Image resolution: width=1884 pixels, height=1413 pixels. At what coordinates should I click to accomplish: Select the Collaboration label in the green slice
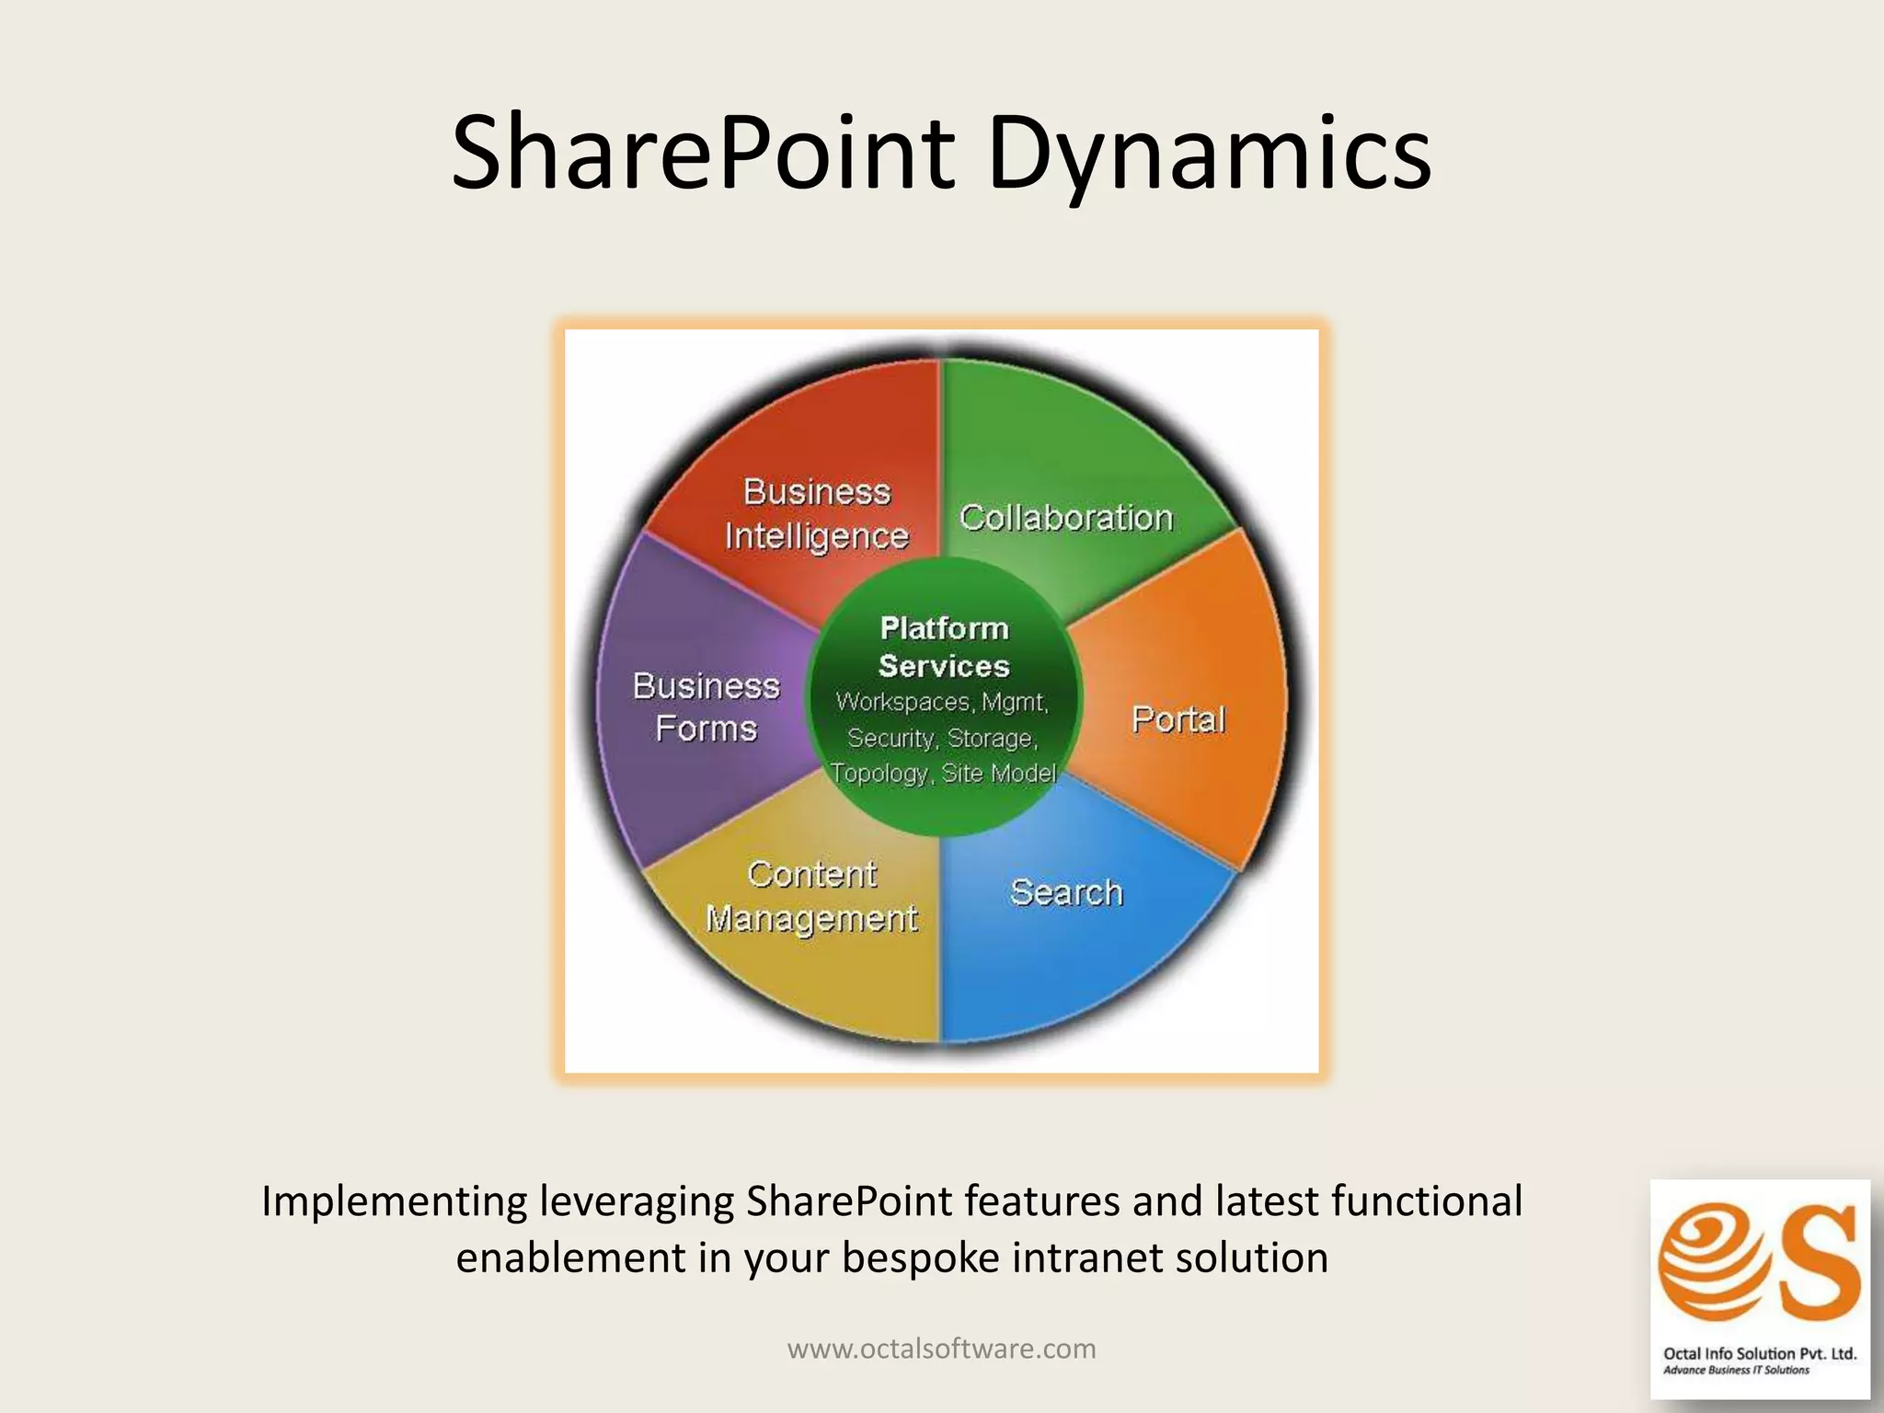click(x=1066, y=518)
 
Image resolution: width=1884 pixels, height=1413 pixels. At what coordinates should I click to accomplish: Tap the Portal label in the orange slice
click(x=1178, y=719)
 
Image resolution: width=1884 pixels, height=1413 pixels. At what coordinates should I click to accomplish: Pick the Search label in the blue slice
click(x=1066, y=892)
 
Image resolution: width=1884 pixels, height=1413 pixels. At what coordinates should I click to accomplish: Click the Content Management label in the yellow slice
click(x=811, y=896)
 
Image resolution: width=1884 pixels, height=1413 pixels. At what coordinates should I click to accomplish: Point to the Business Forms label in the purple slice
click(x=706, y=707)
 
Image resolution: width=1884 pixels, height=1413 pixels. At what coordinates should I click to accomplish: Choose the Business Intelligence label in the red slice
click(x=817, y=513)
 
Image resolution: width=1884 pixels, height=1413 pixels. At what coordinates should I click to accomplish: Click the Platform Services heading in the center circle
click(x=944, y=647)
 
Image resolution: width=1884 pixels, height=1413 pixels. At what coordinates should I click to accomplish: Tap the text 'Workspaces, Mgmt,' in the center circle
click(x=942, y=703)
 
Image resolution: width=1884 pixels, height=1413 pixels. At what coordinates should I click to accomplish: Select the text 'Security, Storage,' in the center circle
click(x=942, y=738)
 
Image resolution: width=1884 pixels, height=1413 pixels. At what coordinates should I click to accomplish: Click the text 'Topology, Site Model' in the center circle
click(x=943, y=773)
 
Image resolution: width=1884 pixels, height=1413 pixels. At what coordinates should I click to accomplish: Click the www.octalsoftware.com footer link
click(x=942, y=1349)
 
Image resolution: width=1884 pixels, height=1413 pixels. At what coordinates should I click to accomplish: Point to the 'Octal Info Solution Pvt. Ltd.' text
click(x=1760, y=1353)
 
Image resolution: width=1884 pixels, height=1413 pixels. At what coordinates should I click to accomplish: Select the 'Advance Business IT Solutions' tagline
click(x=1736, y=1371)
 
